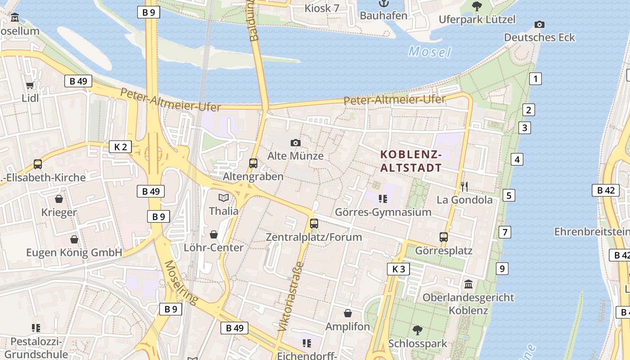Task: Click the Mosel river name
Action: pyautogui.click(x=429, y=52)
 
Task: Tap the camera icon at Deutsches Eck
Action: pyautogui.click(x=539, y=24)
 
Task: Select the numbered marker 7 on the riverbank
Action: pyautogui.click(x=505, y=232)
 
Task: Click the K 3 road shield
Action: pyautogui.click(x=398, y=269)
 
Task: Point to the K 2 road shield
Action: pyautogui.click(x=120, y=147)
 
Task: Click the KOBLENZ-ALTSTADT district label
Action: pyautogui.click(x=411, y=162)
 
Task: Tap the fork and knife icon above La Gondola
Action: pyautogui.click(x=464, y=186)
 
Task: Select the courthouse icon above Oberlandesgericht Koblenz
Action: pyautogui.click(x=468, y=284)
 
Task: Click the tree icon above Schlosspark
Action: pyautogui.click(x=418, y=330)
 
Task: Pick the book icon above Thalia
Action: pyautogui.click(x=224, y=198)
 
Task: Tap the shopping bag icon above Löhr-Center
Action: pyautogui.click(x=214, y=234)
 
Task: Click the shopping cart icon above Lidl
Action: pyautogui.click(x=30, y=85)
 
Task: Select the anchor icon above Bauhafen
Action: pyautogui.click(x=383, y=4)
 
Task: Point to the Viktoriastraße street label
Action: pyautogui.click(x=291, y=297)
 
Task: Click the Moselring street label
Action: pyautogui.click(x=180, y=283)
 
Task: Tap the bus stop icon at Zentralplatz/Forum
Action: pyautogui.click(x=314, y=223)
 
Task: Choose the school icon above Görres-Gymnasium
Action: pyautogui.click(x=383, y=198)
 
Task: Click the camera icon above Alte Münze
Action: pyautogui.click(x=295, y=143)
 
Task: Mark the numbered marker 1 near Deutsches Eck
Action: pyautogui.click(x=535, y=79)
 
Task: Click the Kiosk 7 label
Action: pyautogui.click(x=322, y=8)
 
